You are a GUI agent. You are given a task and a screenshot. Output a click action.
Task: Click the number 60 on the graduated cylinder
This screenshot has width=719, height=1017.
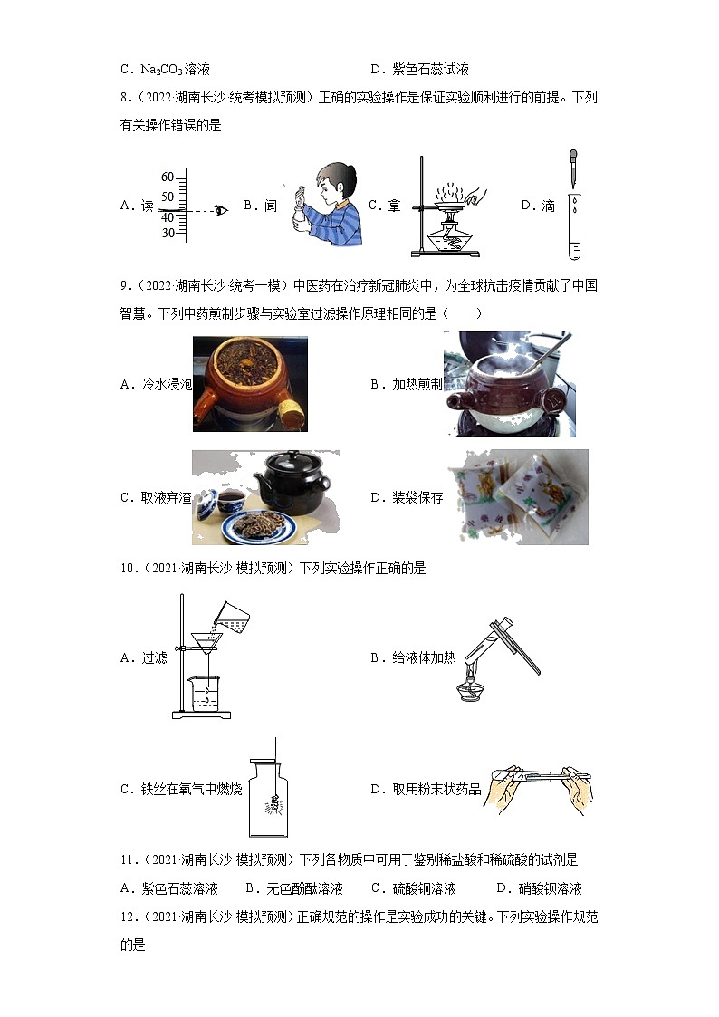[x=168, y=177]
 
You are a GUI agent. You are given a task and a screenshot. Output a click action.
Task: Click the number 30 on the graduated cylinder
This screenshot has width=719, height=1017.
[x=168, y=233]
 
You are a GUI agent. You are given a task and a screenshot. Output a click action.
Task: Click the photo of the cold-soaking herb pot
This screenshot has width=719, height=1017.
[x=250, y=384]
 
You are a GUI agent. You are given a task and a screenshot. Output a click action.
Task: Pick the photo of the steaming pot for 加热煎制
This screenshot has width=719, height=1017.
[x=509, y=384]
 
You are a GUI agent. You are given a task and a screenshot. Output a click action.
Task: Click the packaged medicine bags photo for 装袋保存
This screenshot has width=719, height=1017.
[x=518, y=497]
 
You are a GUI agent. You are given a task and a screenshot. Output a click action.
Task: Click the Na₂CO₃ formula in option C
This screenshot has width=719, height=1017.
[x=162, y=70]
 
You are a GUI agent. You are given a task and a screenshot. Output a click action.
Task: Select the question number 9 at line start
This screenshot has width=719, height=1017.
[x=124, y=286]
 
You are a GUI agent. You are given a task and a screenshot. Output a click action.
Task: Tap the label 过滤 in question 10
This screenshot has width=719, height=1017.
[x=154, y=658]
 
